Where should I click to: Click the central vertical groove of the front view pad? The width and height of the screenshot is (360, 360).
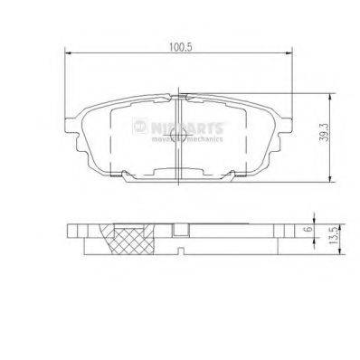(x=180, y=136)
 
